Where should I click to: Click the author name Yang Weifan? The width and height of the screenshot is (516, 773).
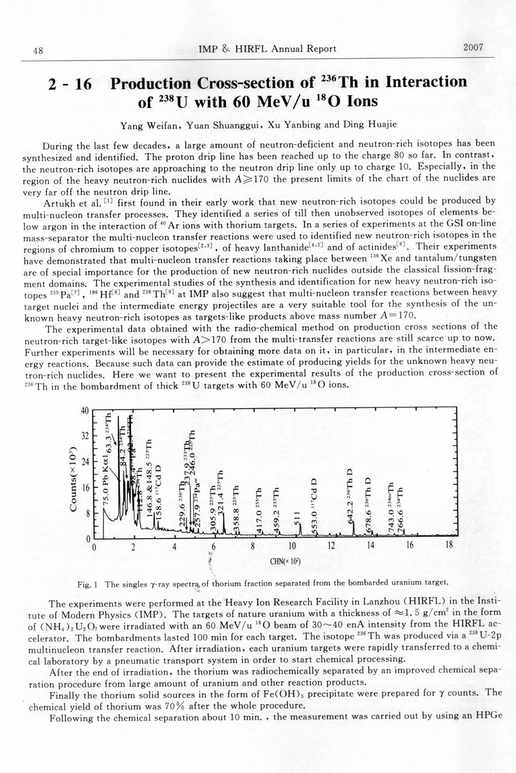[x=145, y=126]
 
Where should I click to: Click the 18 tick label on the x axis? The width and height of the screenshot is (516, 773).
[x=449, y=546]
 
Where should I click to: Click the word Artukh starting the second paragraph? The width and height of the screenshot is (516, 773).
[x=59, y=201]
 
